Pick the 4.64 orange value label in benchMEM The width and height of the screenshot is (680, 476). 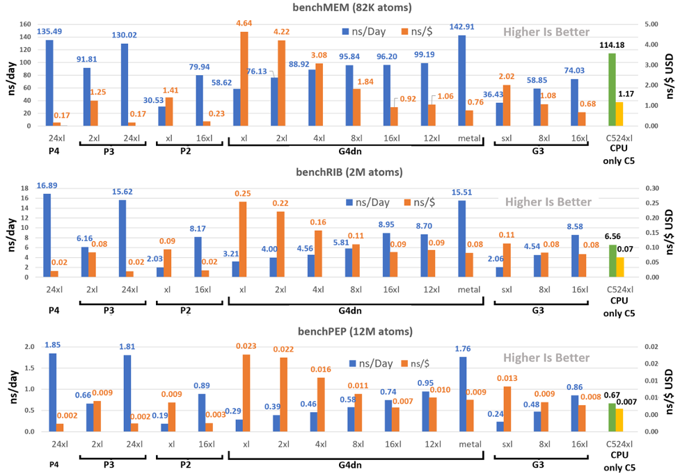point(244,24)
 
